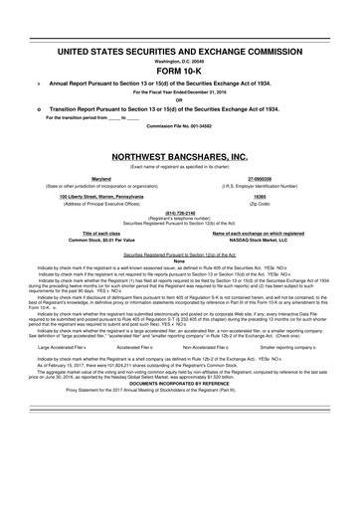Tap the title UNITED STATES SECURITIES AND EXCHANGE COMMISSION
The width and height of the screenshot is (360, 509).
[x=179, y=50]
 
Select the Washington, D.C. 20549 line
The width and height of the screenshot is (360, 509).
[x=179, y=60]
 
